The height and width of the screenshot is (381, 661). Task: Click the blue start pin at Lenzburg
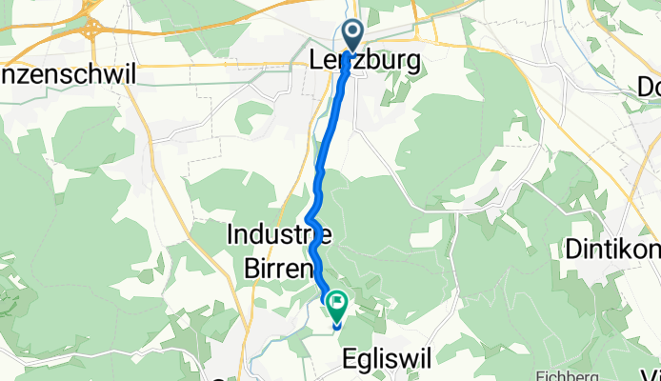(352, 34)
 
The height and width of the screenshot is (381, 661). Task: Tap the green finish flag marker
(337, 305)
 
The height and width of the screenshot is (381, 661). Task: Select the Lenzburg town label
(365, 60)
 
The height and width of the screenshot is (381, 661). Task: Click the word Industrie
(279, 232)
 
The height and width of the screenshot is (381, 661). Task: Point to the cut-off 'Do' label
(648, 85)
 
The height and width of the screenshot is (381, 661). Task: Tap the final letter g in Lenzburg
(411, 62)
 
